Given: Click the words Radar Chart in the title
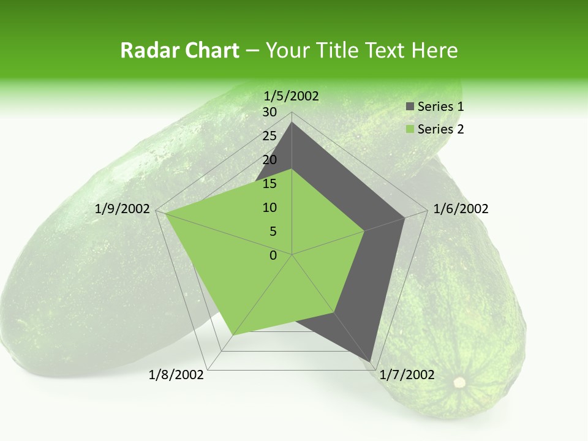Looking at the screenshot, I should pos(179,50).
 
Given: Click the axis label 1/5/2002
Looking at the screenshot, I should pos(292,96).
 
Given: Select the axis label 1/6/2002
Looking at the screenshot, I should pos(461,209).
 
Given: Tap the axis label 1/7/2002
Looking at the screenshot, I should pos(407,375).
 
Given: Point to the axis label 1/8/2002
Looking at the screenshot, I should pos(176,375).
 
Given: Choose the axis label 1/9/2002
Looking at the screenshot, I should pos(123,209).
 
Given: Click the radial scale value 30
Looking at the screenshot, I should pos(269,112).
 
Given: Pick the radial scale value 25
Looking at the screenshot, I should pos(269,136).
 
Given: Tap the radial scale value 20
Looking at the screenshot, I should pos(269,160).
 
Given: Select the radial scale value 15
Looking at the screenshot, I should pos(269,184).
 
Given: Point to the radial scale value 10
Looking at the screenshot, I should pos(269,208).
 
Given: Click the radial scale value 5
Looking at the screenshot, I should pos(273,232).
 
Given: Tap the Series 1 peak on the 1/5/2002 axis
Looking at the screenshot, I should pos(292,123).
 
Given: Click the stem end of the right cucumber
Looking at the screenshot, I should pos(459,383).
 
